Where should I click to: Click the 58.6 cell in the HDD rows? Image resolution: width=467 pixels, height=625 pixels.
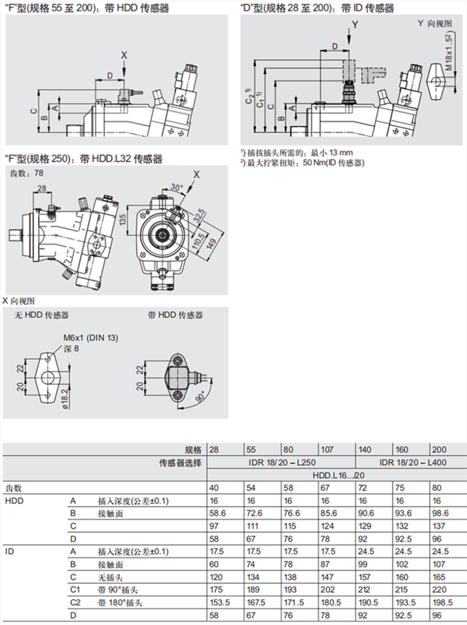(217, 512)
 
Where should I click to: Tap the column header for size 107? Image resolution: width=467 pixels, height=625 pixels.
(328, 449)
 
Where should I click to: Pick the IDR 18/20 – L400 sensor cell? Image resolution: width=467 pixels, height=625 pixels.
(409, 461)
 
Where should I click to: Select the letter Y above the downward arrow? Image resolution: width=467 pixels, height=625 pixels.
(355, 25)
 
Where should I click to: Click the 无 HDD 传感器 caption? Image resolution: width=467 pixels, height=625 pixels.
(42, 315)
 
